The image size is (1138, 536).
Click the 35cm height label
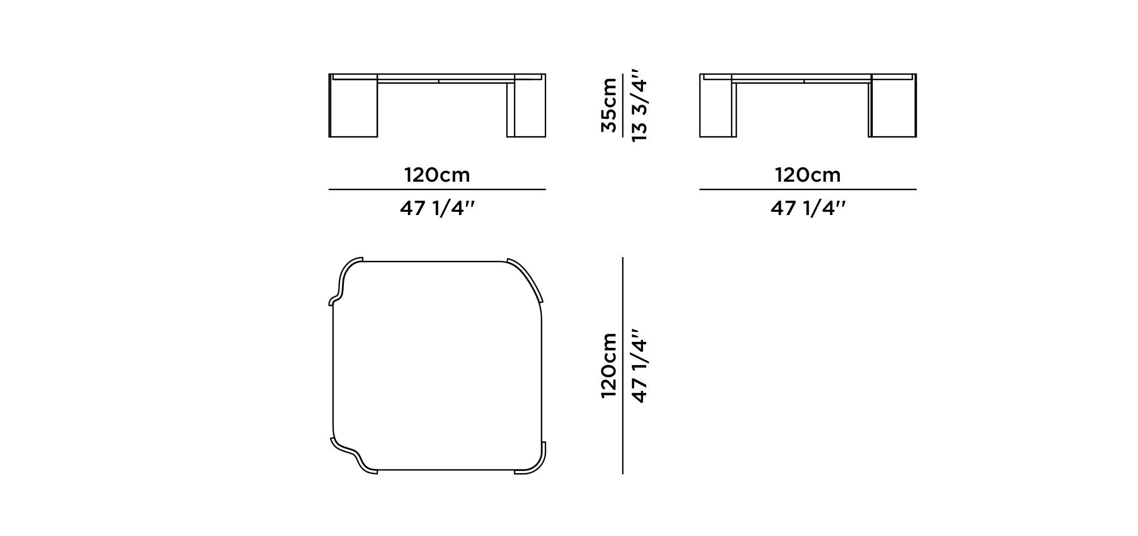(x=609, y=105)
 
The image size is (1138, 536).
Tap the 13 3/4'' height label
(x=640, y=105)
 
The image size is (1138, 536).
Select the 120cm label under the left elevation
(x=437, y=175)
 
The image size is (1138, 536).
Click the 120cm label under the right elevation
(x=808, y=175)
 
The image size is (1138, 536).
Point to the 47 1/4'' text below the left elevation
(x=437, y=208)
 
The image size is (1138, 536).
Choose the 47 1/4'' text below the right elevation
(x=808, y=208)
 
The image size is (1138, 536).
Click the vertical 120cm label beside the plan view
(x=609, y=366)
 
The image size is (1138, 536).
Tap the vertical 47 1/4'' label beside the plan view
(x=640, y=366)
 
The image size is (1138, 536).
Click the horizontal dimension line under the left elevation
(x=437, y=190)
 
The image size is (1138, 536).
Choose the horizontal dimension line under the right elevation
(x=808, y=190)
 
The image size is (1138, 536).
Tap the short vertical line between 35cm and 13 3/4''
(x=623, y=105)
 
